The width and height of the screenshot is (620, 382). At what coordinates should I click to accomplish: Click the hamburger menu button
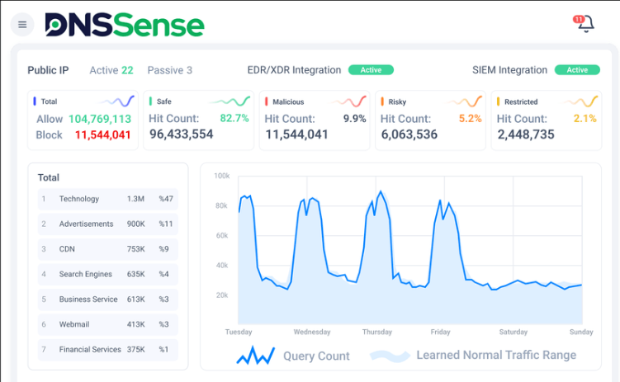click(22, 25)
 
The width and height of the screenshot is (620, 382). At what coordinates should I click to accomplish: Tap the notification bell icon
click(585, 24)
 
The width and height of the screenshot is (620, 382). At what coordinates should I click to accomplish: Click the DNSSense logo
click(125, 25)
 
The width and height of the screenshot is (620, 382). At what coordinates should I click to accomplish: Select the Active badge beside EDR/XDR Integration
click(371, 70)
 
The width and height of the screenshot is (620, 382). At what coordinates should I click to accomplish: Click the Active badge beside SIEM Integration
click(577, 70)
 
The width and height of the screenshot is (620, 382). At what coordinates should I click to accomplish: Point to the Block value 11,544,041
click(102, 134)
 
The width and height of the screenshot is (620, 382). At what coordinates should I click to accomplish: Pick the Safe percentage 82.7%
click(234, 118)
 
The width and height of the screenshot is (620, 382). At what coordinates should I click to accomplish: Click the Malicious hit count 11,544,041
click(296, 134)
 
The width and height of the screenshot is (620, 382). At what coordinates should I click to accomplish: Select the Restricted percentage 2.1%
click(585, 118)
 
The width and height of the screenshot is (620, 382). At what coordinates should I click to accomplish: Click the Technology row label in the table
click(79, 199)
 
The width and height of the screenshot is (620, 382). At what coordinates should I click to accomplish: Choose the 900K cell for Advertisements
click(136, 224)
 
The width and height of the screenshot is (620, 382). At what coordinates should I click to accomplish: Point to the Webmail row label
click(73, 324)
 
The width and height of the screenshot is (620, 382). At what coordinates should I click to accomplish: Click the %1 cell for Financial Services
click(163, 350)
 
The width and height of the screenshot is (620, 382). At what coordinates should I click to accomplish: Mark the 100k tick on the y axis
click(221, 176)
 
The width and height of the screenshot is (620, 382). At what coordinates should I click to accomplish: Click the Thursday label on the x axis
click(376, 332)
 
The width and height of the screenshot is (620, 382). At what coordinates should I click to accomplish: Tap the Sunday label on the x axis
click(580, 332)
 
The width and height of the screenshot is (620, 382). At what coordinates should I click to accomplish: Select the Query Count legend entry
click(316, 356)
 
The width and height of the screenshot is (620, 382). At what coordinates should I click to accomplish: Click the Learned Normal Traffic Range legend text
click(496, 356)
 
